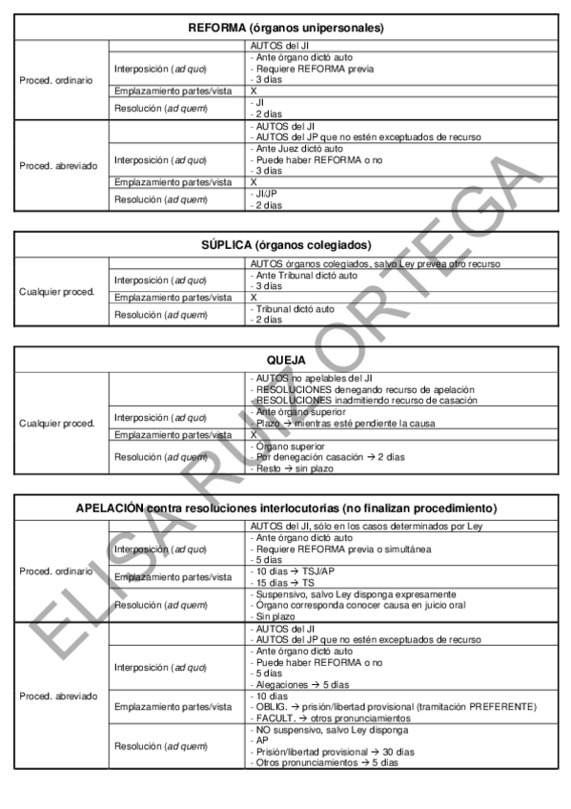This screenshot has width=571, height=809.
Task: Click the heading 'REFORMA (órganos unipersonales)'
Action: pos(286,29)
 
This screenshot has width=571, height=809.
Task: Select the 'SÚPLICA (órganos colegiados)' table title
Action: pos(286,244)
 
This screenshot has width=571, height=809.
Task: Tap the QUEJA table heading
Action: pos(286,362)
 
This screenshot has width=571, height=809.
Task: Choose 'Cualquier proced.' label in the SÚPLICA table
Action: pos(57,291)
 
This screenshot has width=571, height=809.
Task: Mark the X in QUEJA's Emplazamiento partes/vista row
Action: pos(254,434)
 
